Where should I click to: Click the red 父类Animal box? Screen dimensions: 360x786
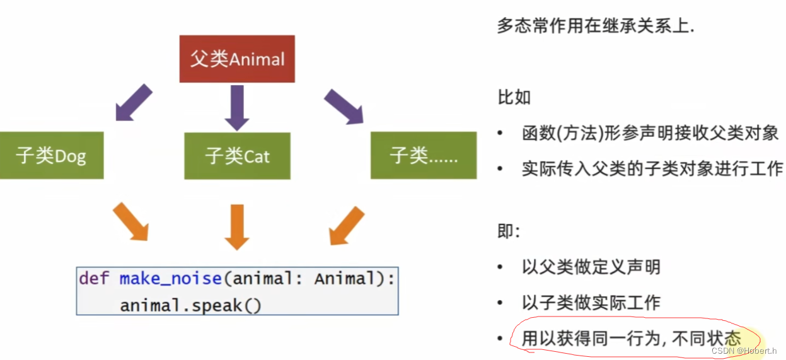[237, 59]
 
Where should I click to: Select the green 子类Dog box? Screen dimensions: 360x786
[51, 155]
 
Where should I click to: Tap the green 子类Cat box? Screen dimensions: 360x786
[237, 156]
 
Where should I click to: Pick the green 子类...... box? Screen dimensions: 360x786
[423, 155]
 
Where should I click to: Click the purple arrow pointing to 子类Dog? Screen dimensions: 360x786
[134, 102]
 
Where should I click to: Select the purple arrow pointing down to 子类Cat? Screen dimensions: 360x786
[237, 107]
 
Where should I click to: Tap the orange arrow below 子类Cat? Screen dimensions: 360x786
[237, 226]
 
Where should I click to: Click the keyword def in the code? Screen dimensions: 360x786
[95, 279]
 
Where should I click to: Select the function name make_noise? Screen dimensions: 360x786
[170, 279]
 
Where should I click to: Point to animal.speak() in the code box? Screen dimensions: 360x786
[190, 306]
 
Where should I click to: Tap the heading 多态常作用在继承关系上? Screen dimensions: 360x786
[596, 26]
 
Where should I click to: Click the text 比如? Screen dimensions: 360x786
[514, 97]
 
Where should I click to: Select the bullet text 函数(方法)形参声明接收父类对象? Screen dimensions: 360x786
[650, 133]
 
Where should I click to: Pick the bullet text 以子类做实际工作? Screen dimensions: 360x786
[591, 302]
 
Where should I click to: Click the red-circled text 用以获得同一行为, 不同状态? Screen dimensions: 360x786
[631, 338]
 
